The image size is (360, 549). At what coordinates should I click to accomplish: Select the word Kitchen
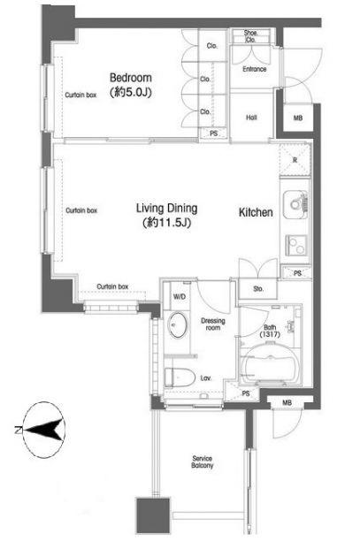(x=254, y=212)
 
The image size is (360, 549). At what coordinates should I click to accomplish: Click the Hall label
(x=251, y=116)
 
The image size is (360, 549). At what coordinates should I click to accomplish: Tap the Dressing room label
(x=211, y=323)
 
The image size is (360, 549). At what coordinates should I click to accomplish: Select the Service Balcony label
(x=203, y=461)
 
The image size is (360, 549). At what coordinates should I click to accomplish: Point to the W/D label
(x=179, y=296)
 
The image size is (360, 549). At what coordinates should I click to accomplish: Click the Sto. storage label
(x=258, y=288)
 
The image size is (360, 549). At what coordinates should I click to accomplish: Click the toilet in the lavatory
(x=180, y=375)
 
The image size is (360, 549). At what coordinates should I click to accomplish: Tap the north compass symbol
(x=44, y=431)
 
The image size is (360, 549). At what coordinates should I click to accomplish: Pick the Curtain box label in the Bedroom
(x=80, y=95)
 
